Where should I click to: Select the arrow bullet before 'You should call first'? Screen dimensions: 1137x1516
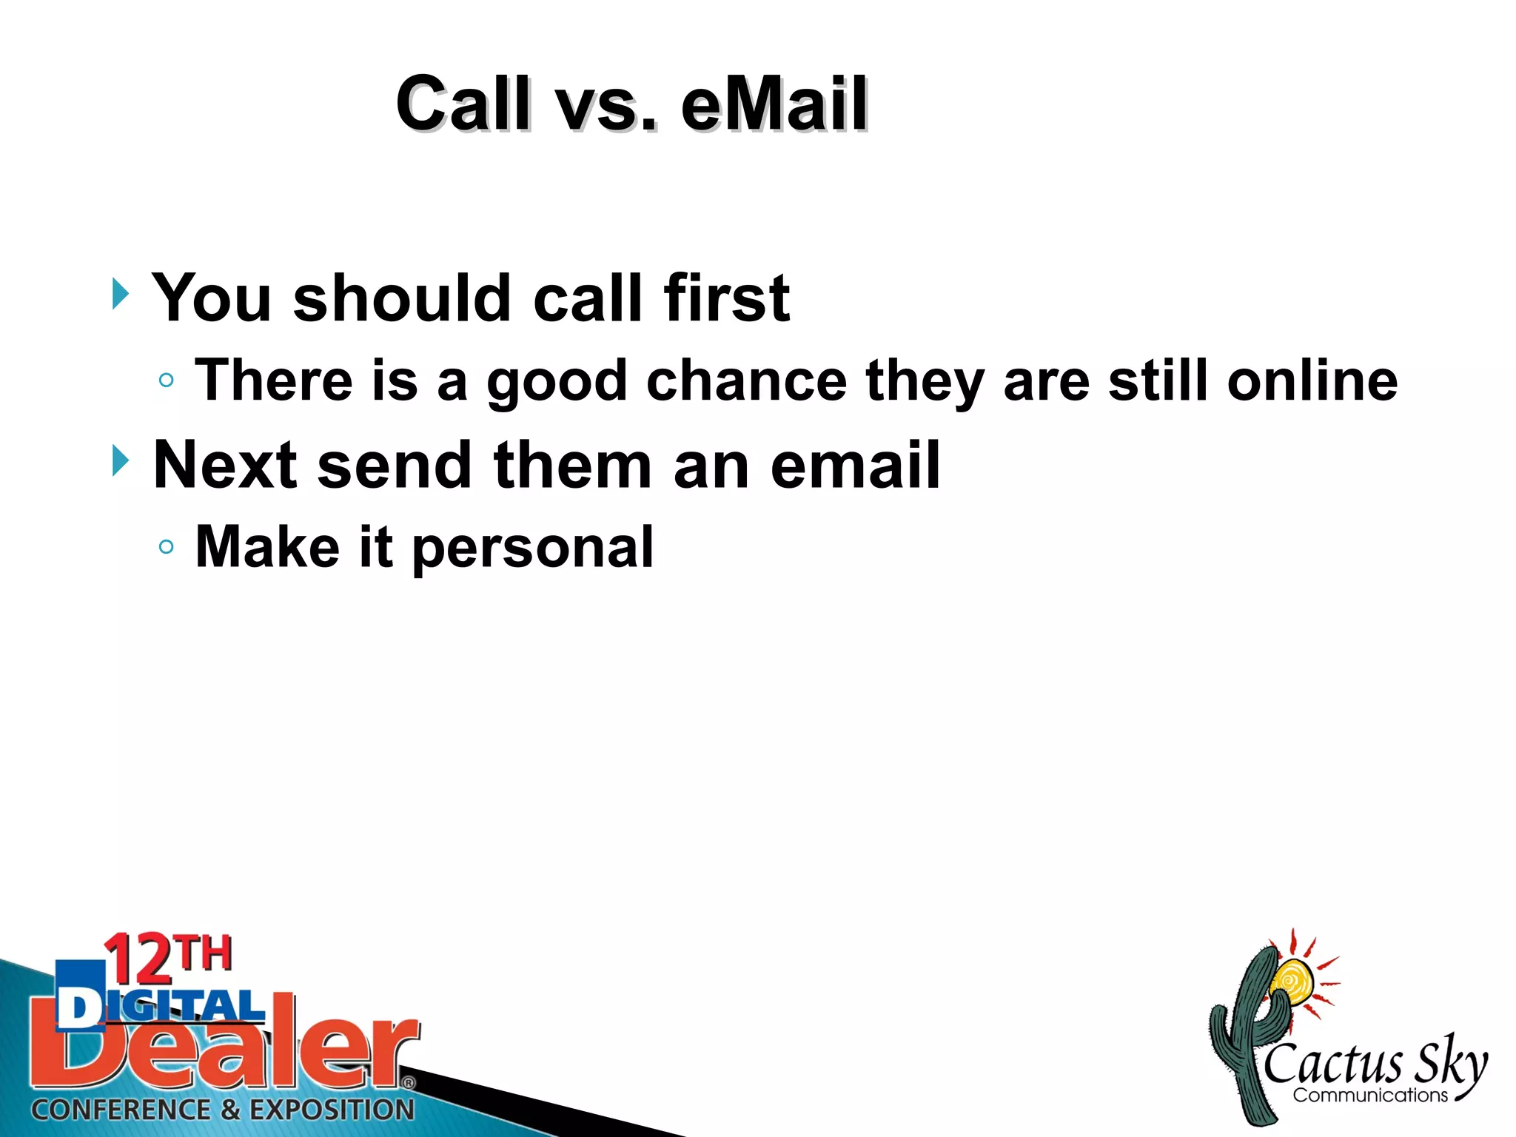pos(121,295)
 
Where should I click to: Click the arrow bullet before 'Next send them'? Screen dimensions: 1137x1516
pos(121,461)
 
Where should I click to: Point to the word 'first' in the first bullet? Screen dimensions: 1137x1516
pos(726,298)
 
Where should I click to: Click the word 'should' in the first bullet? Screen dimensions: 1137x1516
pos(402,298)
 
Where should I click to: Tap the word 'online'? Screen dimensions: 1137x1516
pos(1312,380)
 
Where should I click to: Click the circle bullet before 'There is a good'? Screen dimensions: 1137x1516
pos(167,380)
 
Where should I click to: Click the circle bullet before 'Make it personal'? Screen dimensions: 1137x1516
pos(167,547)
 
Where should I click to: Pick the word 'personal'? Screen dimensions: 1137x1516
pos(532,549)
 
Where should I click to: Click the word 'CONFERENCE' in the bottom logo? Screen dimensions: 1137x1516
pos(121,1110)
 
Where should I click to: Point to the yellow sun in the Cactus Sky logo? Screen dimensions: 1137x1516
pos(1292,982)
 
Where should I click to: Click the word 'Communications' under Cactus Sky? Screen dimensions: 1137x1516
pos(1370,1096)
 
